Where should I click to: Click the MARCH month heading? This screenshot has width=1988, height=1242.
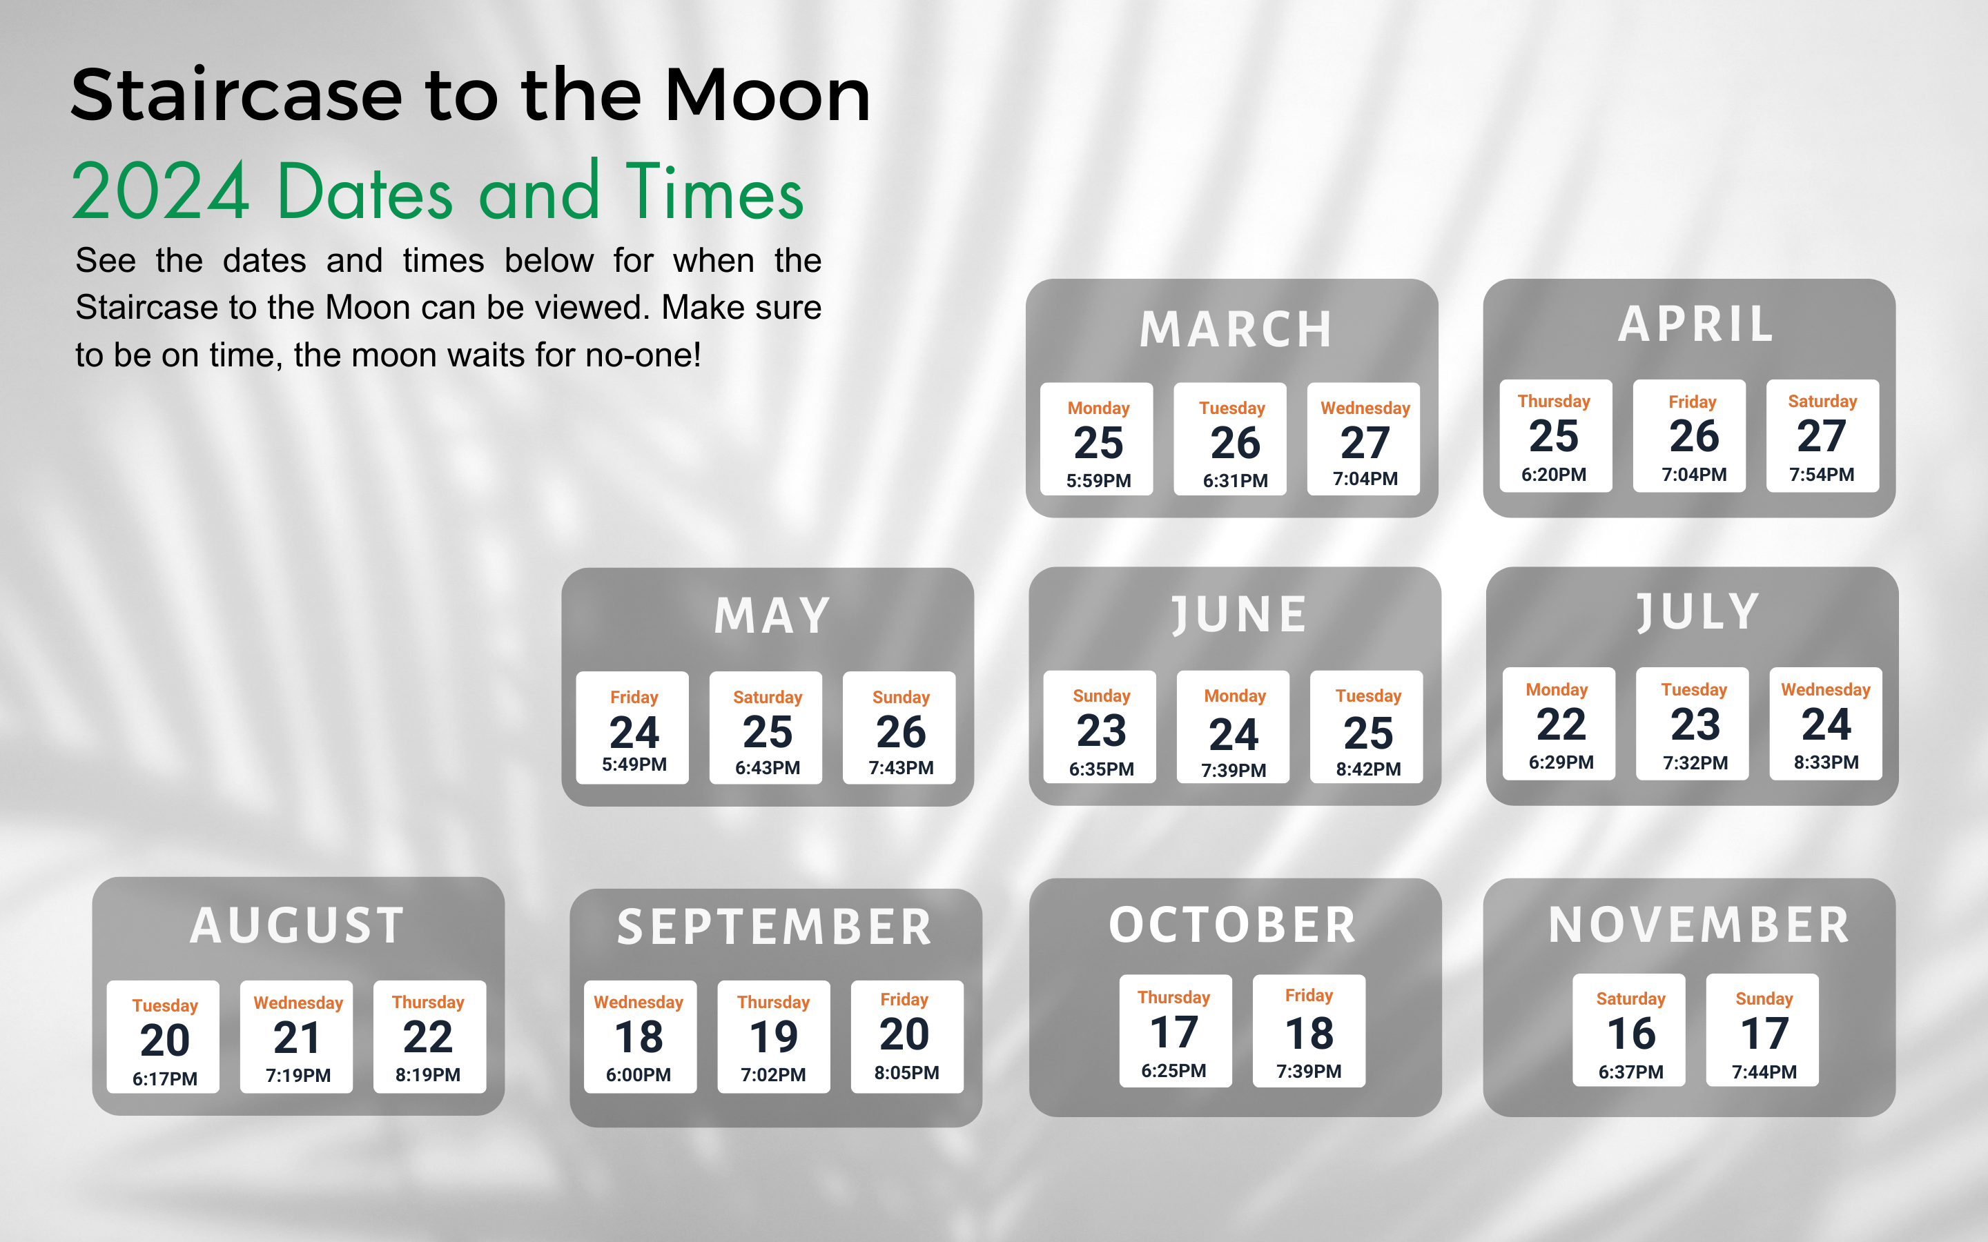click(x=1236, y=329)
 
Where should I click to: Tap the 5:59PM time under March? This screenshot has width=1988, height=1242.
click(x=1098, y=480)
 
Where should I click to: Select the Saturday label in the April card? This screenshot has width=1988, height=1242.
click(x=1822, y=402)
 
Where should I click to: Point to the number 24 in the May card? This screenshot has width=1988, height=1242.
click(x=634, y=732)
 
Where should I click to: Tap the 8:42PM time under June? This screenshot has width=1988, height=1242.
click(x=1367, y=769)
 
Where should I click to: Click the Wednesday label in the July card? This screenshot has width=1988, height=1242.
click(x=1825, y=690)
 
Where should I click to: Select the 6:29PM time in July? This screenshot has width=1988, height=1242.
click(x=1561, y=762)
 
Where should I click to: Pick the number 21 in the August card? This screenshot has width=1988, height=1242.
click(x=297, y=1038)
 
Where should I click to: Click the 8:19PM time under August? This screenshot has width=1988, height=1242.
click(x=427, y=1074)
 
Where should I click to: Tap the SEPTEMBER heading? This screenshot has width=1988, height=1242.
click(x=774, y=927)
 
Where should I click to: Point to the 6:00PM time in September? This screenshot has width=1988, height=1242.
click(x=639, y=1074)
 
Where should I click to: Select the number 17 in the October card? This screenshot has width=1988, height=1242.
click(x=1174, y=1032)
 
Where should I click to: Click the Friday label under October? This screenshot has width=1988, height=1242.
click(x=1309, y=996)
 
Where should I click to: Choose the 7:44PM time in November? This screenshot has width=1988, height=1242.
click(x=1764, y=1072)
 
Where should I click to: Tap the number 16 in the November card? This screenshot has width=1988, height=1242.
click(x=1630, y=1034)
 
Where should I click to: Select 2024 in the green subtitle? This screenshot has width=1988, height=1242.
click(x=160, y=191)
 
